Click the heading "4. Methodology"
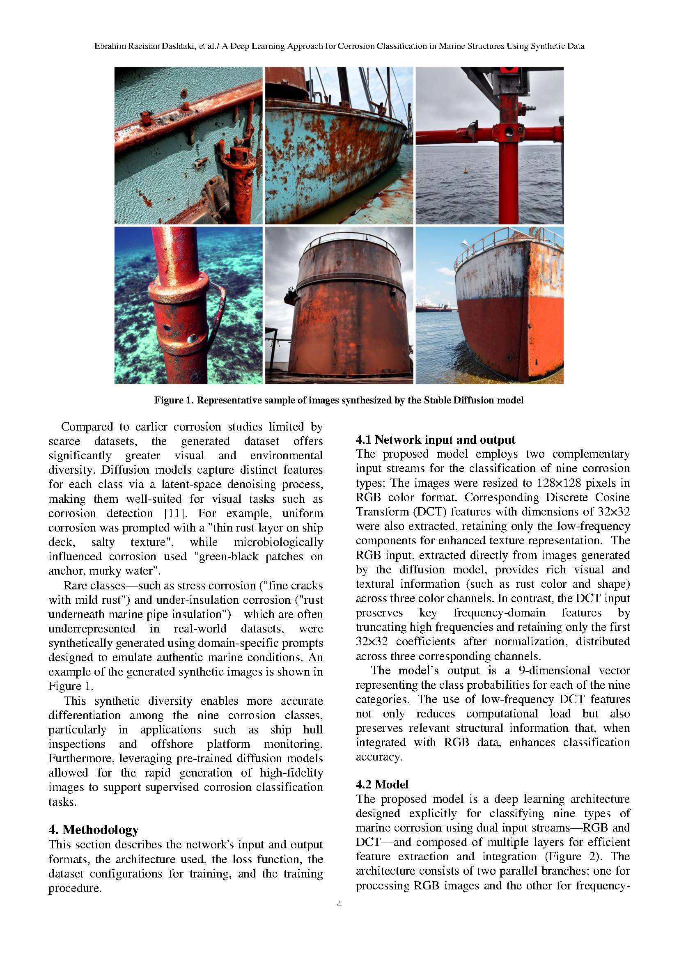(x=93, y=829)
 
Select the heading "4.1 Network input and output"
(x=435, y=440)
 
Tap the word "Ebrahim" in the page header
(x=110, y=46)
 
